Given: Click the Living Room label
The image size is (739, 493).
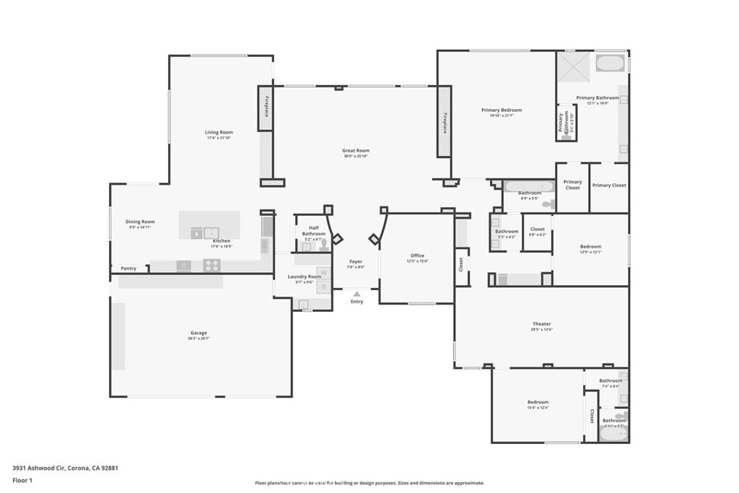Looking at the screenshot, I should [x=219, y=132].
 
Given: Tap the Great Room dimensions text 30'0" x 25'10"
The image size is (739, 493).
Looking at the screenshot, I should [x=356, y=157].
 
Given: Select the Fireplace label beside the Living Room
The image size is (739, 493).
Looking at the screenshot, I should [x=266, y=108].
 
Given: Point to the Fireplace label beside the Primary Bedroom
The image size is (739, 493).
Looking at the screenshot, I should [x=445, y=123].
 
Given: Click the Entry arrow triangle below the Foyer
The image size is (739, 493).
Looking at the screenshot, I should [x=357, y=294].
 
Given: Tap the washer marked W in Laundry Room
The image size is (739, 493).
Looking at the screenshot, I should [x=323, y=273].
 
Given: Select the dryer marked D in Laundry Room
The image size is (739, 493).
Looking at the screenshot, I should [x=323, y=287].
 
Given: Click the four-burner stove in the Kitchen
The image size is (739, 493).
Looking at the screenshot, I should [x=211, y=266].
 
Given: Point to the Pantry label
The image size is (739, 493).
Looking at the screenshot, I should [x=128, y=269].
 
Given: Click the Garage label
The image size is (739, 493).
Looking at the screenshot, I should [x=198, y=333].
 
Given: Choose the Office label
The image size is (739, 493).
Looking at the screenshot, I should [x=417, y=256].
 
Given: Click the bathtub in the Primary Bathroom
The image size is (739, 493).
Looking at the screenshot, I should [x=612, y=64].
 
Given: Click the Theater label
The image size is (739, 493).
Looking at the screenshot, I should [x=541, y=324].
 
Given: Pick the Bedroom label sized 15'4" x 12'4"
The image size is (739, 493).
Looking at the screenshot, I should [x=538, y=402].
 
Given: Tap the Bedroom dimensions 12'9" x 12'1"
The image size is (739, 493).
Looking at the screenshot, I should [x=590, y=253].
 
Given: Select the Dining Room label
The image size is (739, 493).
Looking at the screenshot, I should [x=141, y=222].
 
